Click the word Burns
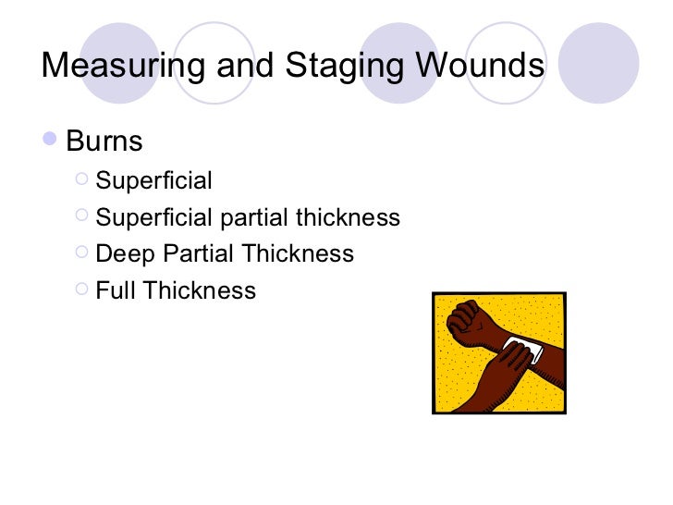(104, 142)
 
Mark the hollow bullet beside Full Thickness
(81, 289)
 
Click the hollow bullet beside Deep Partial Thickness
(81, 252)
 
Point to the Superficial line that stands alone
(153, 180)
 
